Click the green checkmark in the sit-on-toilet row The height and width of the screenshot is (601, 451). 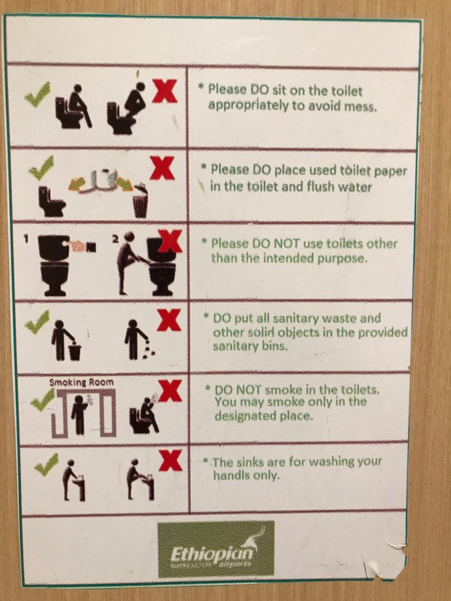(x=38, y=95)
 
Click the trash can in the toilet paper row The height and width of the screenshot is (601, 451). (x=140, y=204)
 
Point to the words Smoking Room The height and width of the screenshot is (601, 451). (x=82, y=382)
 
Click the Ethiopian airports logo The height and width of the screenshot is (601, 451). (x=216, y=549)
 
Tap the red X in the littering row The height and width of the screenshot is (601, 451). (x=169, y=320)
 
